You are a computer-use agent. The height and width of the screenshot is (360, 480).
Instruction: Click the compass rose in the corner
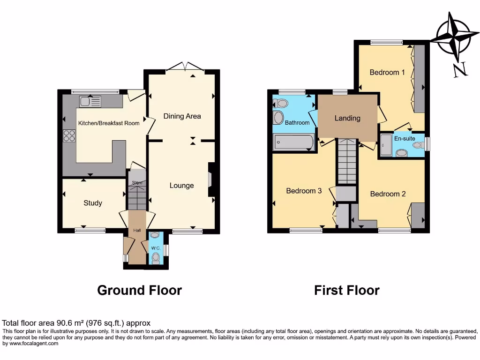tap(454, 39)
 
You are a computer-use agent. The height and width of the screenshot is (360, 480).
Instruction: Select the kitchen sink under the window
tap(90, 101)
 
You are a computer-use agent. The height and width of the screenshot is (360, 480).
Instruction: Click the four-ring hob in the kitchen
tap(69, 135)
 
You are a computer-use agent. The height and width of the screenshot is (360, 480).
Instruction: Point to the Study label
tap(93, 203)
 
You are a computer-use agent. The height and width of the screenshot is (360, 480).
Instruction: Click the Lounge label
tap(181, 186)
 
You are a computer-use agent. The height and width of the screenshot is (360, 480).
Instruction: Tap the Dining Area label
tap(182, 116)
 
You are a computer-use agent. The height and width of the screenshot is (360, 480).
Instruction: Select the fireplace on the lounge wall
tap(211, 180)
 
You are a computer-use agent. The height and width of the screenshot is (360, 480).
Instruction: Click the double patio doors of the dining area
tap(186, 67)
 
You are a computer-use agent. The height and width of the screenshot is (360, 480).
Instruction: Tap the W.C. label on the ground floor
tap(155, 248)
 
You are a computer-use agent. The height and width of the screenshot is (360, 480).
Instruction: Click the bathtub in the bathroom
tap(293, 141)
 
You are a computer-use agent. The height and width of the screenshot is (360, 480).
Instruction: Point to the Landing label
tap(347, 118)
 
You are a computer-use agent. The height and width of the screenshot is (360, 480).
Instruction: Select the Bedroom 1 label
tap(387, 72)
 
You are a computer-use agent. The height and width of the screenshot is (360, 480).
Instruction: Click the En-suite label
tap(405, 139)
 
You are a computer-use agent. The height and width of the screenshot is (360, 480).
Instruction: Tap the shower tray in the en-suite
tap(386, 145)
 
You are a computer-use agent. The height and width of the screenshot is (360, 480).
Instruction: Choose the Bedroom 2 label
tap(388, 194)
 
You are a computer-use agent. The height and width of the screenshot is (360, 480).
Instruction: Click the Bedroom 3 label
tap(304, 191)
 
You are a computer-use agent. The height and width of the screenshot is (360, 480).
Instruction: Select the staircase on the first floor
tap(346, 161)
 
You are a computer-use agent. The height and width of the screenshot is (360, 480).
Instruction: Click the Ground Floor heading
tap(139, 290)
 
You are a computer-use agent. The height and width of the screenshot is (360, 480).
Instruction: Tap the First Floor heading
tap(346, 290)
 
